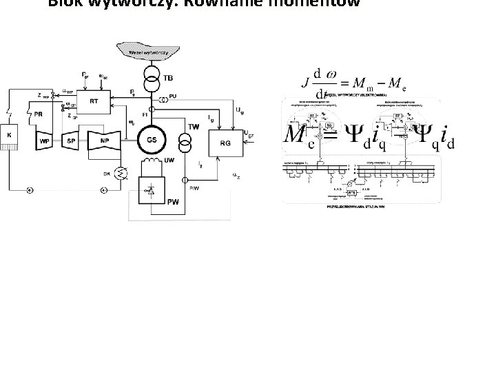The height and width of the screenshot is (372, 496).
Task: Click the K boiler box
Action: point(10,136)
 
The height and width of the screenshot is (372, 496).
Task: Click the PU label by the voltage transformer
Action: point(172,96)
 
